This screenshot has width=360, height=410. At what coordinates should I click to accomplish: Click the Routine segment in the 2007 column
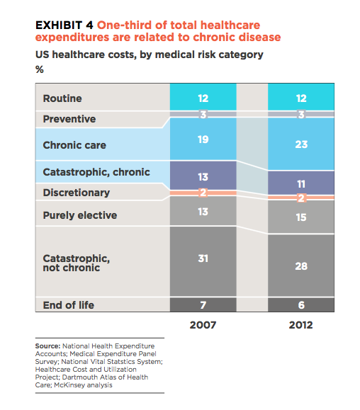click(x=203, y=97)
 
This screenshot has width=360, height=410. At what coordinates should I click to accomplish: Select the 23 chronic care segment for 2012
click(x=301, y=144)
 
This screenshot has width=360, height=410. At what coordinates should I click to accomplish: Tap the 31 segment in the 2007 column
click(x=203, y=261)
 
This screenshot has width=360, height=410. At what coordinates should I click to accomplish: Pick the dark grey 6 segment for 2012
click(x=301, y=304)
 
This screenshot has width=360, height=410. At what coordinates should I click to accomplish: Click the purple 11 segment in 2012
click(x=301, y=183)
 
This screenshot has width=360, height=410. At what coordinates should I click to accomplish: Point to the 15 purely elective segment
click(x=301, y=217)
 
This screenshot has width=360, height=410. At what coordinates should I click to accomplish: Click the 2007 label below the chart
click(x=203, y=325)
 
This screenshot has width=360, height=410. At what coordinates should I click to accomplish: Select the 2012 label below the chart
click(x=301, y=325)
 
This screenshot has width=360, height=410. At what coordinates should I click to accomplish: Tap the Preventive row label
click(x=69, y=119)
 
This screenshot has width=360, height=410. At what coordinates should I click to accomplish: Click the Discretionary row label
click(x=77, y=193)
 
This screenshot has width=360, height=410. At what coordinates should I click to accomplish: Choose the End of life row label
click(x=69, y=305)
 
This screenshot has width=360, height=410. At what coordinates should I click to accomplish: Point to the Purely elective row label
click(x=80, y=215)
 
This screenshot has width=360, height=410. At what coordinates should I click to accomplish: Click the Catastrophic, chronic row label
click(x=96, y=172)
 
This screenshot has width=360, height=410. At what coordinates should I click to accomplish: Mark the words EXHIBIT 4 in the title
click(x=64, y=25)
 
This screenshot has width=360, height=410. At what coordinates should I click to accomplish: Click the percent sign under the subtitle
click(x=40, y=69)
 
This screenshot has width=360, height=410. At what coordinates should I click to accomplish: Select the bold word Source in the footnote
click(x=48, y=346)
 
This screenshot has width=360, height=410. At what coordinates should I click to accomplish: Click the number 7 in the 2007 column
click(x=203, y=305)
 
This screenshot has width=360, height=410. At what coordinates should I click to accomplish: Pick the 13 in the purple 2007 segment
click(x=203, y=177)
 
